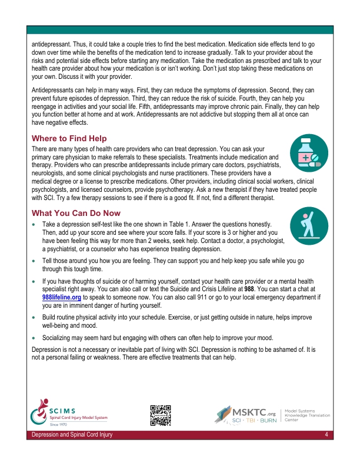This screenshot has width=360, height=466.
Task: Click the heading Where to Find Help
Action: coord(69,138)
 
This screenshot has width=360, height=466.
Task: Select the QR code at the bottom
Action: coord(161,415)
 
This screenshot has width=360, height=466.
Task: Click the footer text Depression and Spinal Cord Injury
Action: coord(73,435)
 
